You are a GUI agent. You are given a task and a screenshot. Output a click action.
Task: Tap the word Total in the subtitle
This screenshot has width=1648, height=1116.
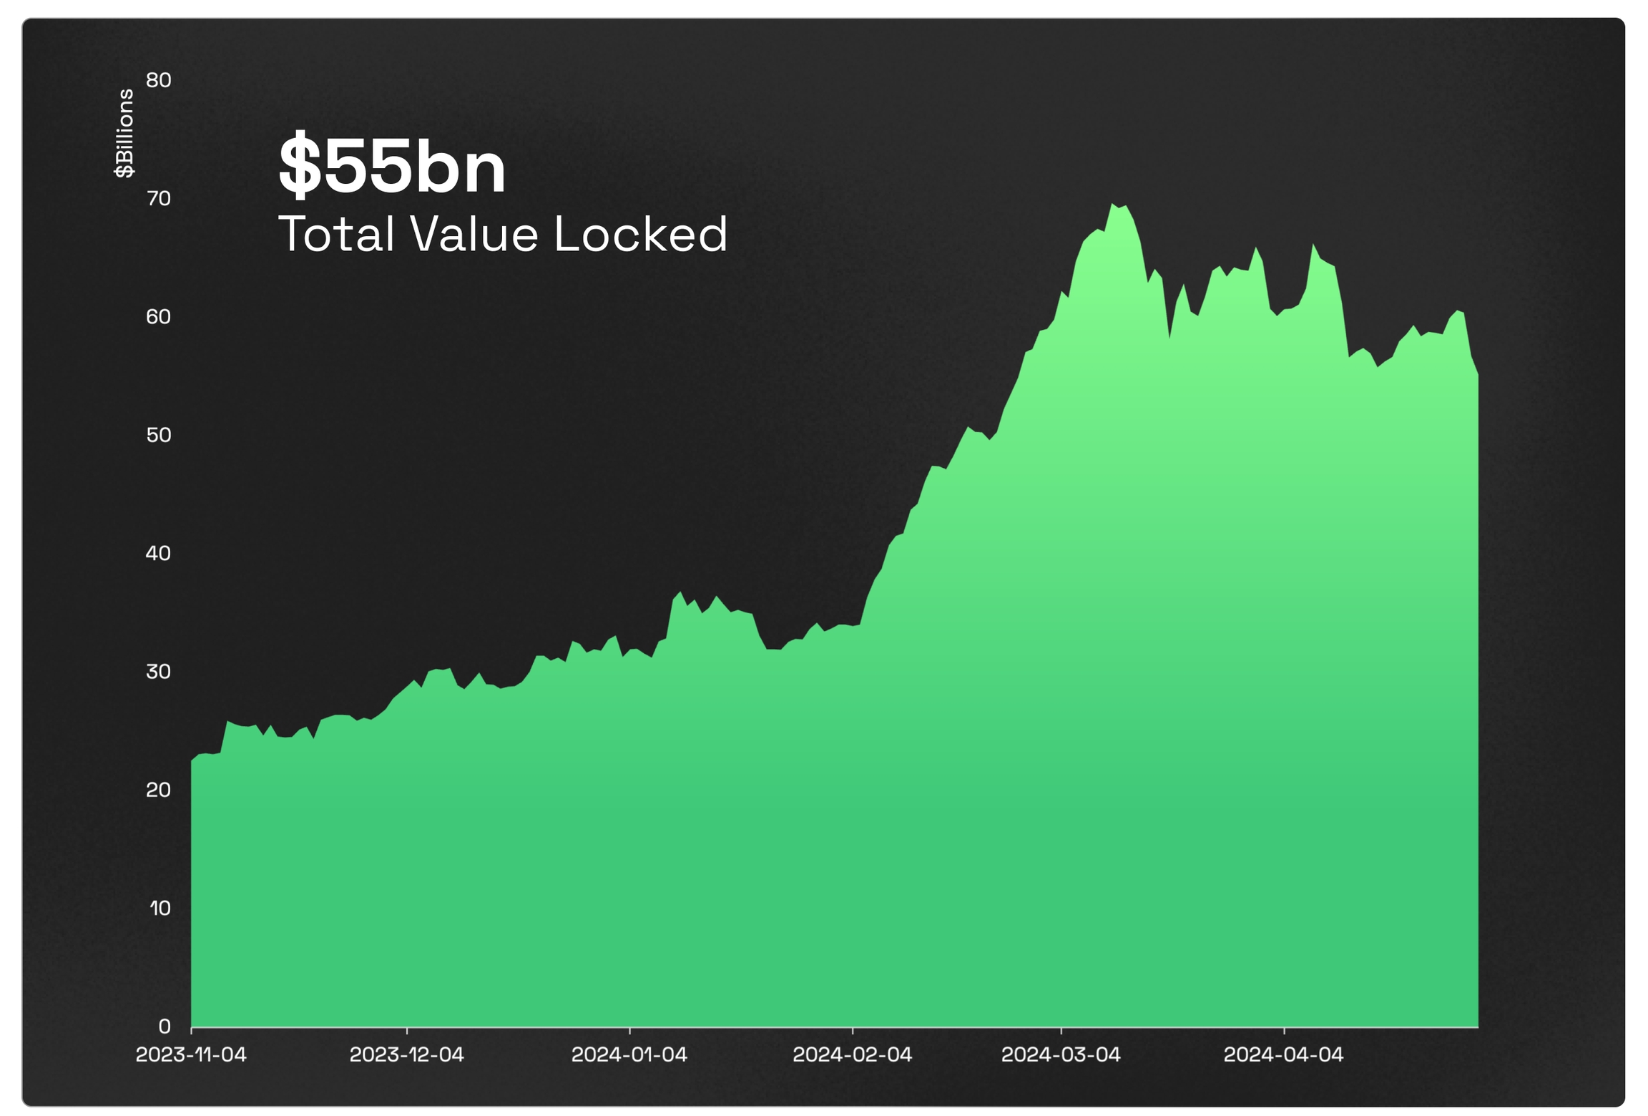335,234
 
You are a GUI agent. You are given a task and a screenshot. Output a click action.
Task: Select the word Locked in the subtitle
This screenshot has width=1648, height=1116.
640,234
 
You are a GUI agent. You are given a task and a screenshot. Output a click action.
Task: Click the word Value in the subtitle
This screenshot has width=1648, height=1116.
474,234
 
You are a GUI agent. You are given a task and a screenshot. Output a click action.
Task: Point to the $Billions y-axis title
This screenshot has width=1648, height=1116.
124,133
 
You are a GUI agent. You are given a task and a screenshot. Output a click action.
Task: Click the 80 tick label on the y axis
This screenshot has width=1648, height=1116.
159,80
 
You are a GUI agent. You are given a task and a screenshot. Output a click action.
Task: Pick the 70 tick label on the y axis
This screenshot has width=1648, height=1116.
159,198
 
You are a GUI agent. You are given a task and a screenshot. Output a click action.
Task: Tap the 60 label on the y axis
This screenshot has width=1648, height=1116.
159,317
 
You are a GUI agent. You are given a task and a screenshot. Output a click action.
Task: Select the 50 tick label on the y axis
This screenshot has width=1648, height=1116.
159,435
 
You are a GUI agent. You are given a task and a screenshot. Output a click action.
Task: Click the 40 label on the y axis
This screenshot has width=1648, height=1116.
159,553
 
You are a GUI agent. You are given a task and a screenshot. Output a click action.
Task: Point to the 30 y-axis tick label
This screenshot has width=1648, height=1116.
159,672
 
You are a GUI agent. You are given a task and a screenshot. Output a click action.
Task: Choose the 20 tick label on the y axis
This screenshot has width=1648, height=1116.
159,790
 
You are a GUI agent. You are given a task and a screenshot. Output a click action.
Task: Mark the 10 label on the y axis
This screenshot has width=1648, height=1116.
160,909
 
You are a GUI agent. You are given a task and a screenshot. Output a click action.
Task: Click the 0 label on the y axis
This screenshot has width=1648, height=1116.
165,1027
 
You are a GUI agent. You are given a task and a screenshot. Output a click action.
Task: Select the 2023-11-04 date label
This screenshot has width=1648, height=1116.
191,1054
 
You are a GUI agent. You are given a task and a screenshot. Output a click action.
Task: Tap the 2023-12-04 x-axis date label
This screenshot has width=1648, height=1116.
406,1054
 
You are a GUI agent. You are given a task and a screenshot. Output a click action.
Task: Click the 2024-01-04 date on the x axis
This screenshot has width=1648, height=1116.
629,1054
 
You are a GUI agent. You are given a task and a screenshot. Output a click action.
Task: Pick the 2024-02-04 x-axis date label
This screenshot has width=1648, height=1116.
852,1054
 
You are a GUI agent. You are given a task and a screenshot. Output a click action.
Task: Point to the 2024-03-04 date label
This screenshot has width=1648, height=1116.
1060,1054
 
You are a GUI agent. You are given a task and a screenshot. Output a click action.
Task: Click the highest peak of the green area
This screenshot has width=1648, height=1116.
1113,205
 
